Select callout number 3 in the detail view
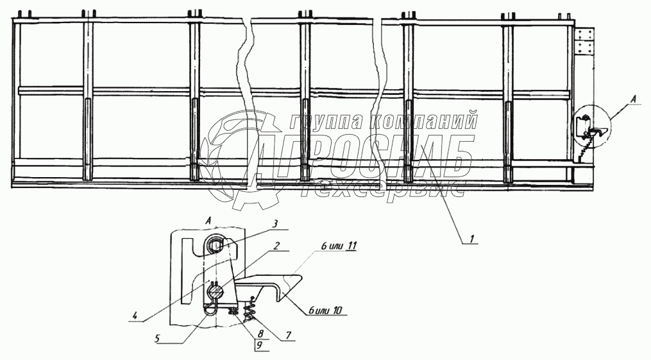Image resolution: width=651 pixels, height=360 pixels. [x=275, y=223]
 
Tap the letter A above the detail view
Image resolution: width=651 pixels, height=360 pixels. [x=210, y=220]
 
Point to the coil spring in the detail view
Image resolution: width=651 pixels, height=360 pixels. [x=252, y=305]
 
